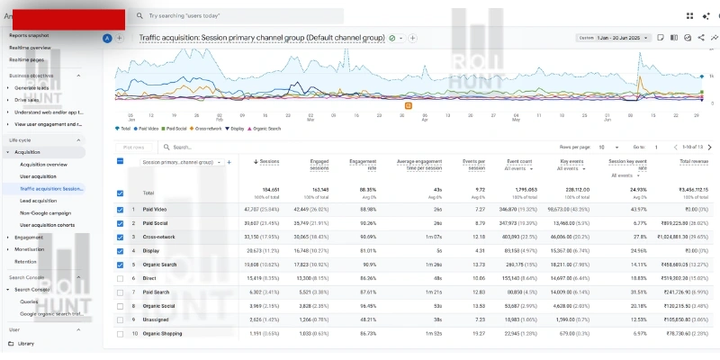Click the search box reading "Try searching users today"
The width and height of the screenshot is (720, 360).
(x=234, y=16)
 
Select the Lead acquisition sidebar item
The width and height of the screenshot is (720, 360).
(x=40, y=201)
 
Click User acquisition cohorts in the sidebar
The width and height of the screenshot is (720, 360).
(x=49, y=224)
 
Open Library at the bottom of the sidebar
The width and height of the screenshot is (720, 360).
(x=26, y=343)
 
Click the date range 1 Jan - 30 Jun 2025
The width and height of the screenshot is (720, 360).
(x=621, y=38)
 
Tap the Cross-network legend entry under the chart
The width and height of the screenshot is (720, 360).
(x=208, y=129)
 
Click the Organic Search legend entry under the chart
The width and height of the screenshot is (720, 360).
(x=265, y=129)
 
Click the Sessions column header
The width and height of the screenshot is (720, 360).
(x=269, y=162)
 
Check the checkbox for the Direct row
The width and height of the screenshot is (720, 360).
(x=121, y=280)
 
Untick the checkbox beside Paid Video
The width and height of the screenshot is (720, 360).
(x=121, y=210)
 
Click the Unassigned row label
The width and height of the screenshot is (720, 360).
(x=156, y=319)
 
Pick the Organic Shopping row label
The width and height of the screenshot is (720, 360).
(x=163, y=333)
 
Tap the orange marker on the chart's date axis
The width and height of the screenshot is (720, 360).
(x=408, y=105)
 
